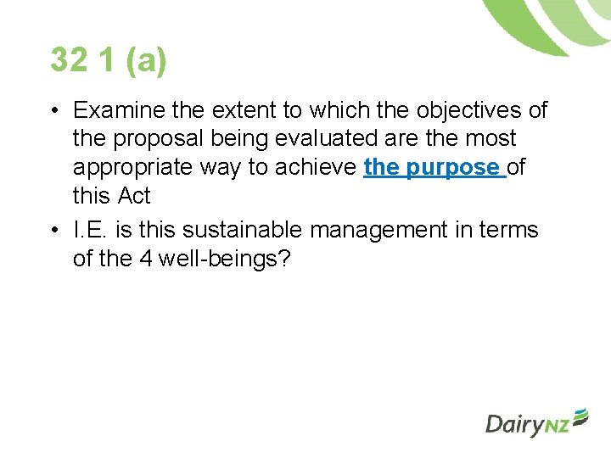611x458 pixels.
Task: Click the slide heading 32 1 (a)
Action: click(x=109, y=60)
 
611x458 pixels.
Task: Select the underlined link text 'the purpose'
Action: click(x=434, y=167)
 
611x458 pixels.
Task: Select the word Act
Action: click(x=134, y=195)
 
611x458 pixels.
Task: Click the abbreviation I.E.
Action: click(x=90, y=230)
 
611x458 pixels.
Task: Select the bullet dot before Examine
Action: click(x=53, y=111)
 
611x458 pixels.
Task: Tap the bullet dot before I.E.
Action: click(x=53, y=231)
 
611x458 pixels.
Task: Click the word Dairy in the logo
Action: click(x=513, y=424)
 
